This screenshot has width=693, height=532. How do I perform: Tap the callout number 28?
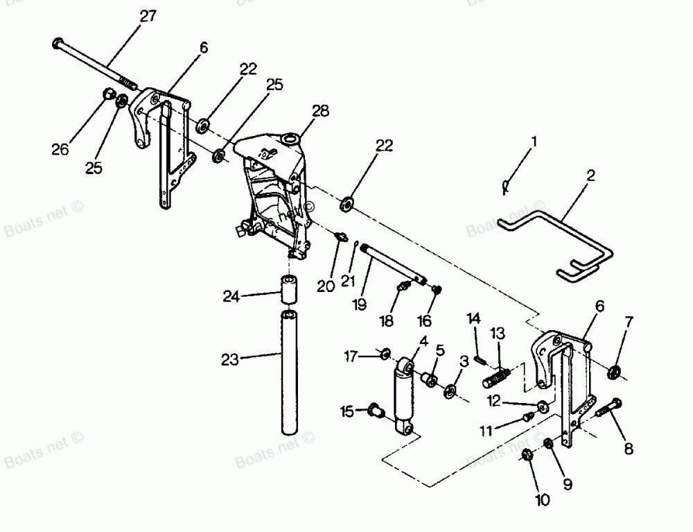[x=320, y=111]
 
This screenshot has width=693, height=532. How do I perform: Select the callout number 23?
[x=230, y=359]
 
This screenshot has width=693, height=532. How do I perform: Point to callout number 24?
[x=231, y=297]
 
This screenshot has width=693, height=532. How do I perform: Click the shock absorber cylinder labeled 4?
[x=402, y=399]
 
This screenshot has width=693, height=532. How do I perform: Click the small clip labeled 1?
[x=506, y=185]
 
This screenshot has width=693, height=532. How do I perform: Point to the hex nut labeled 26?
[x=108, y=95]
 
